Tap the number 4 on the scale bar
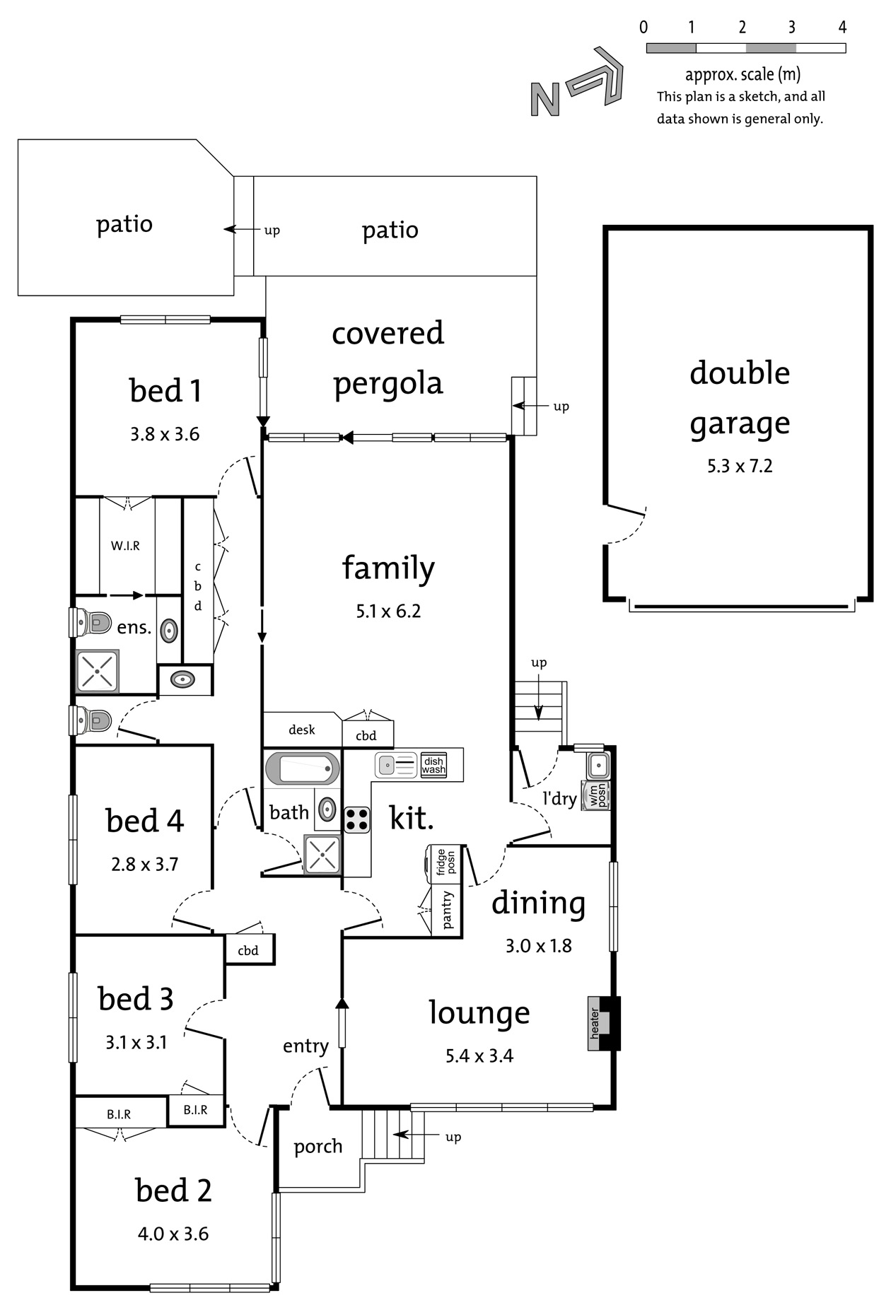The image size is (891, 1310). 841,27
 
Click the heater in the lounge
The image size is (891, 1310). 603,1023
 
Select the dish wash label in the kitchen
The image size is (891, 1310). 433,766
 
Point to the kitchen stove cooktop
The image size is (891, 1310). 357,819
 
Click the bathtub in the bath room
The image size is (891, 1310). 302,768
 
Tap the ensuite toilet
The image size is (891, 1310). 93,623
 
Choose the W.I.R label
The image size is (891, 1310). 125,546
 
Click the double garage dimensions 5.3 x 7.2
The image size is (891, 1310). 740,466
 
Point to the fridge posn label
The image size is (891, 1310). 445,862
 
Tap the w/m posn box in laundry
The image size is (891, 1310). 595,795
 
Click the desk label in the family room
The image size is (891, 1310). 302,730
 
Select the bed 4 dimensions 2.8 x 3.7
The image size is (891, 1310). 145,864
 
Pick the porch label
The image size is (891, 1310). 318,1146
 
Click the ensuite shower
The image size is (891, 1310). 98,671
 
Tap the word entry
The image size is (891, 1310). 305,1046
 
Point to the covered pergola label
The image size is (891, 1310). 388,358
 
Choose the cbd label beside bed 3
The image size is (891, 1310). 248,951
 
